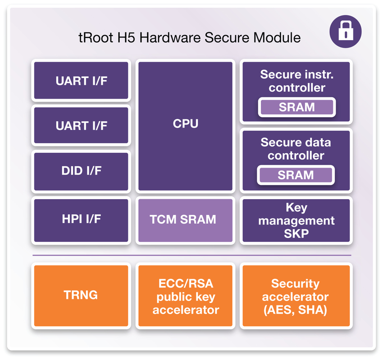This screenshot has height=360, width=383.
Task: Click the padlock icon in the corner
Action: pyautogui.click(x=346, y=31)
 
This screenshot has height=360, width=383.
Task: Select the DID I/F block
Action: pyautogui.click(x=81, y=171)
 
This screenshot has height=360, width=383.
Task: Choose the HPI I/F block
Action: pyautogui.click(x=81, y=219)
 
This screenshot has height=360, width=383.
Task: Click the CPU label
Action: pyautogui.click(x=185, y=123)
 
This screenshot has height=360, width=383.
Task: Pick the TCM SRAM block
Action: pyautogui.click(x=185, y=220)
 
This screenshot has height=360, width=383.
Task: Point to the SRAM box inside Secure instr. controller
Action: pyautogui.click(x=296, y=107)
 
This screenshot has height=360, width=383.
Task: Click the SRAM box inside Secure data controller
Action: pyautogui.click(x=296, y=175)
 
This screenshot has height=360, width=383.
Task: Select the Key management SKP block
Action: pyautogui.click(x=296, y=221)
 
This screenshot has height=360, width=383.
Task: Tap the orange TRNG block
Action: pyautogui.click(x=81, y=296)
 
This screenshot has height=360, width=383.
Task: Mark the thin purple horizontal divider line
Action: pyautogui.click(x=191, y=255)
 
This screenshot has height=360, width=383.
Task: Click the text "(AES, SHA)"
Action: pyautogui.click(x=296, y=310)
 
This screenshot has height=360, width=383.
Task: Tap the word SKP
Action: pyautogui.click(x=296, y=234)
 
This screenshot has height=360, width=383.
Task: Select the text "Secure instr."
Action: pyautogui.click(x=296, y=74)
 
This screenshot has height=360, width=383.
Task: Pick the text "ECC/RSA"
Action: pyautogui.click(x=185, y=284)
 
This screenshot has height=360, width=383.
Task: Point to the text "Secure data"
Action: pyautogui.click(x=296, y=142)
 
